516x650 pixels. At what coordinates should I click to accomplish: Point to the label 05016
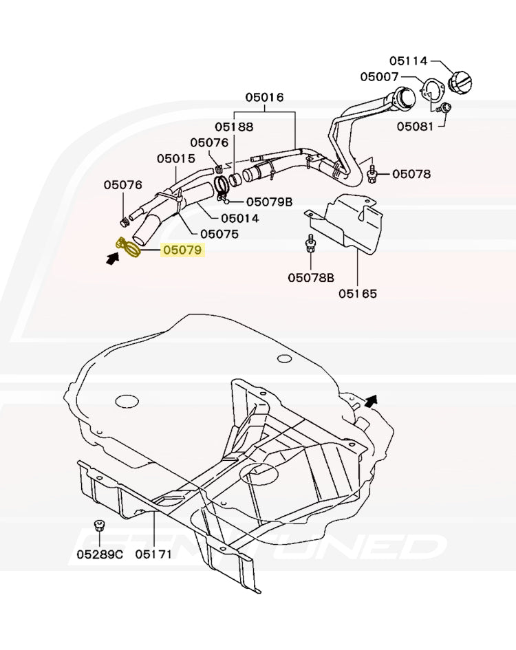[x=265, y=98]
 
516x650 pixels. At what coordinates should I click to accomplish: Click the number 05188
[x=233, y=127]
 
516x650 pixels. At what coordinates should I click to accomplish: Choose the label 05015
[x=176, y=158]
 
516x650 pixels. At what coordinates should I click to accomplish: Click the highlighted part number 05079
[x=183, y=251]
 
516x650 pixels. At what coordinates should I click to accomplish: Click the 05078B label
[x=311, y=278]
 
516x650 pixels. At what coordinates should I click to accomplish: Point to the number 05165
[x=358, y=294]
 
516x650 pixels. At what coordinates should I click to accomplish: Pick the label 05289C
[x=100, y=554]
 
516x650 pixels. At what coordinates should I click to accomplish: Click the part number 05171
[x=153, y=554]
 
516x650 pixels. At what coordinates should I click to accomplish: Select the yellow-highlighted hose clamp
[x=129, y=248]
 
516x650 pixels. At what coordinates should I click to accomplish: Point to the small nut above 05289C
[x=100, y=526]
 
